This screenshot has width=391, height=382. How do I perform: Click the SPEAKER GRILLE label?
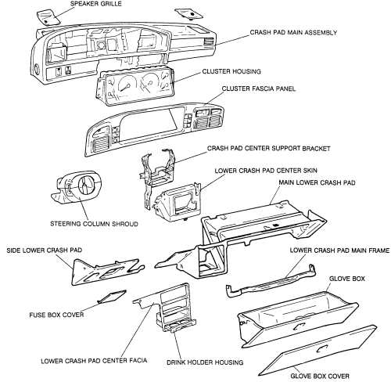coord(95,4)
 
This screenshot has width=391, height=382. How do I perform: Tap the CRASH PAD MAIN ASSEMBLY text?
coord(293,33)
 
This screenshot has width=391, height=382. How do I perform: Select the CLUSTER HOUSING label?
coord(231,71)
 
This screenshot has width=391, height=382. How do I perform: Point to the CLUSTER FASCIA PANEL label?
coord(259,88)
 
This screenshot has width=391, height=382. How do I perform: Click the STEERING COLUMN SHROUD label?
coord(94,224)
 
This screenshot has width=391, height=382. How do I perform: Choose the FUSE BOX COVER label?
coord(56,315)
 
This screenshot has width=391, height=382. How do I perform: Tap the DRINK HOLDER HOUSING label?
coord(205,362)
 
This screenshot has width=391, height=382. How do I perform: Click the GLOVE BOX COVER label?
coord(320,376)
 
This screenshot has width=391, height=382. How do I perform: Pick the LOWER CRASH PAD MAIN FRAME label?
coord(339,250)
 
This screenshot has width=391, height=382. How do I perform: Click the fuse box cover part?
coord(112,297)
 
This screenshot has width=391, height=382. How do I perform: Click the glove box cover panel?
coord(318,351)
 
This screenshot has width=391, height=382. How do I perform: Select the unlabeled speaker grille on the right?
coord(188,13)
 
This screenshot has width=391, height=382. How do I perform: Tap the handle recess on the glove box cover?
coord(322,348)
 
